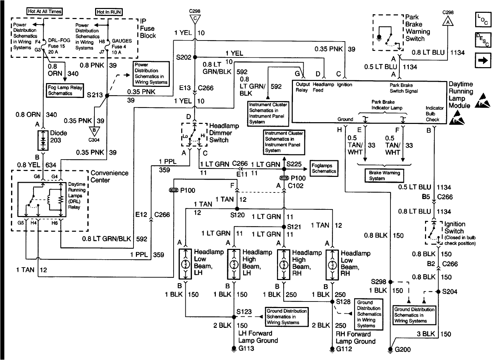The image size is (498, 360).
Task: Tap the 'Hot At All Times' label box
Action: click(45, 11)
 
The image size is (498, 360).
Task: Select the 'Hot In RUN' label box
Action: click(109, 12)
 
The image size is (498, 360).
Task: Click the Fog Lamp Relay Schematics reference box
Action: click(65, 90)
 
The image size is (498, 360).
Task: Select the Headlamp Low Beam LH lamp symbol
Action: click(186, 264)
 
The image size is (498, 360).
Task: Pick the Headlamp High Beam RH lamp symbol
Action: click(284, 264)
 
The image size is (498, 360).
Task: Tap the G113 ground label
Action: click(246, 348)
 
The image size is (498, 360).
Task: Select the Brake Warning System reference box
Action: click(384, 175)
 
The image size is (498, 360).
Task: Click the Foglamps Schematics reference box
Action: click(324, 169)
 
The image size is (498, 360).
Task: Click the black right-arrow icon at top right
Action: click(482, 61)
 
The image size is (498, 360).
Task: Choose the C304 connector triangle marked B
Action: click(94, 130)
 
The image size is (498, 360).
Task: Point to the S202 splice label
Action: click(183, 57)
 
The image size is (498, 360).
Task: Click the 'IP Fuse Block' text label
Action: click(148, 28)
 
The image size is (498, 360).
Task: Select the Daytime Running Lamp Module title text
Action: click(461, 95)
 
